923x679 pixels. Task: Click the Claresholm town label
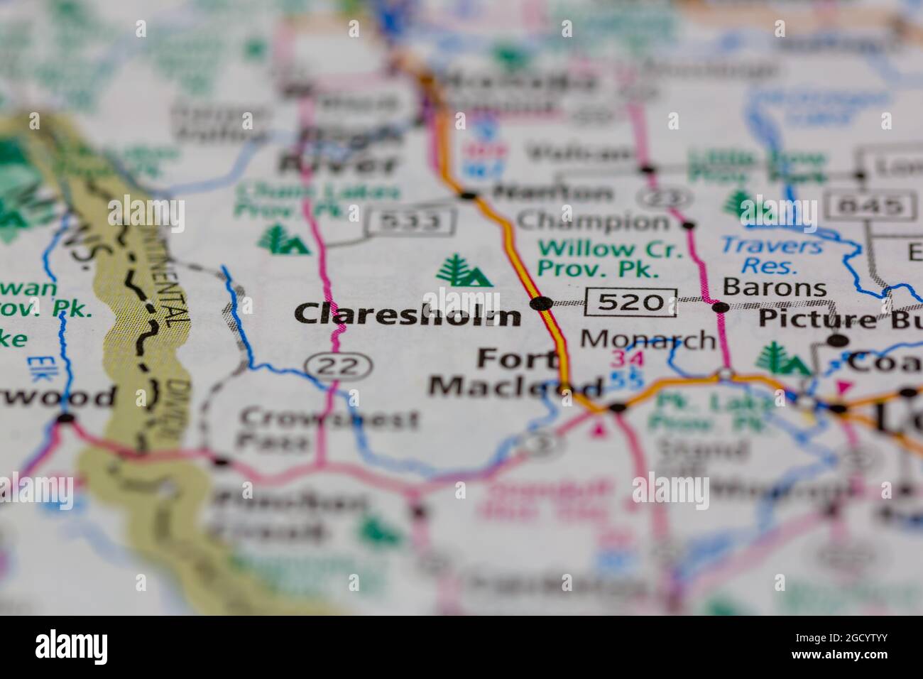408,314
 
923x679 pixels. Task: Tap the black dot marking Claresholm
542,304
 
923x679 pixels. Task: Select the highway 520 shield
630,302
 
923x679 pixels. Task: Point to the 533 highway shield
410,222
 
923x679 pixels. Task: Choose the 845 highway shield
873,206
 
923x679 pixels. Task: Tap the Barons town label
775,287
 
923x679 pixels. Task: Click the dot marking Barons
721,307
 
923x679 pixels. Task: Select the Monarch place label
648,339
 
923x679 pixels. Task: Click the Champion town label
593,221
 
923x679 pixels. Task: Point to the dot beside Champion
687,225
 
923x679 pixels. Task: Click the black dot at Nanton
468,195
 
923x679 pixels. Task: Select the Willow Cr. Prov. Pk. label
601,259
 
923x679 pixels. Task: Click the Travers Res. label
770,256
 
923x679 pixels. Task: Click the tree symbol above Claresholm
464,271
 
